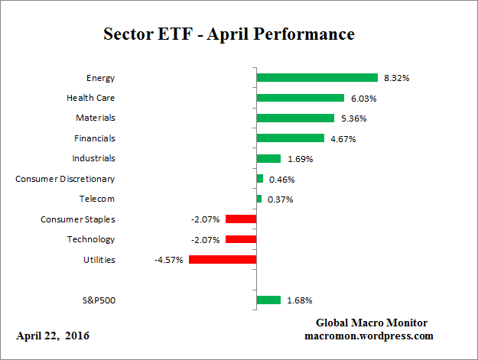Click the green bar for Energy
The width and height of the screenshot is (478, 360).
click(317, 78)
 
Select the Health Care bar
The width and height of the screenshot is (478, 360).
click(300, 98)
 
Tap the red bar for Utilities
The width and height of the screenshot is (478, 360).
click(222, 260)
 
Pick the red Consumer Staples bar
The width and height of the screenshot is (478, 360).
click(240, 219)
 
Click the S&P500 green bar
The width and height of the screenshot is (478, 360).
click(268, 300)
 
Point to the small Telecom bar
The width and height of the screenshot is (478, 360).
click(259, 199)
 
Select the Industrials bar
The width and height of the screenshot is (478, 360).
click(268, 158)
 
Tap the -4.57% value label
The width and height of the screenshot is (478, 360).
click(169, 260)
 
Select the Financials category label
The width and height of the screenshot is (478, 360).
click(96, 138)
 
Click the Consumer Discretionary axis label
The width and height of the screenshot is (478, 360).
click(65, 179)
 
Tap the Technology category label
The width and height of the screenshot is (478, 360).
click(92, 239)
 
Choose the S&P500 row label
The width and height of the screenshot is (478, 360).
click(98, 300)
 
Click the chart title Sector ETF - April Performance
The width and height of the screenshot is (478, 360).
click(229, 34)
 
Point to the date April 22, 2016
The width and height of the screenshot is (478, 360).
click(53, 336)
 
